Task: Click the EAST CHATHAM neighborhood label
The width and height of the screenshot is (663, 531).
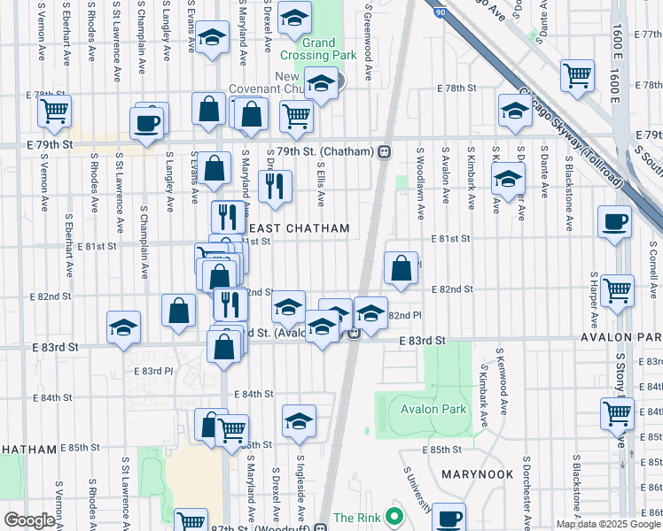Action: coord(304,228)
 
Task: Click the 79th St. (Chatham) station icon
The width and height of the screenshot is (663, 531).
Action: coord(384,151)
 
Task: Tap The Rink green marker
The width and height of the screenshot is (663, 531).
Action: coord(395,517)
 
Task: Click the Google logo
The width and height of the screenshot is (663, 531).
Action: coord(29,520)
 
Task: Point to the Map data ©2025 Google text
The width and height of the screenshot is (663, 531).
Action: coord(607,524)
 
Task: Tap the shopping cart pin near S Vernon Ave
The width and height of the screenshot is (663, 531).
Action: coord(54,112)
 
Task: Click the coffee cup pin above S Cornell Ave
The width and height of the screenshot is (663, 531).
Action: coord(613,220)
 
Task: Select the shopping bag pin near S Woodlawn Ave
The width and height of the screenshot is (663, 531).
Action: coord(401,266)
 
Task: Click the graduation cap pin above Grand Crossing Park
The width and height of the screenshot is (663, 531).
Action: coord(293,17)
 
